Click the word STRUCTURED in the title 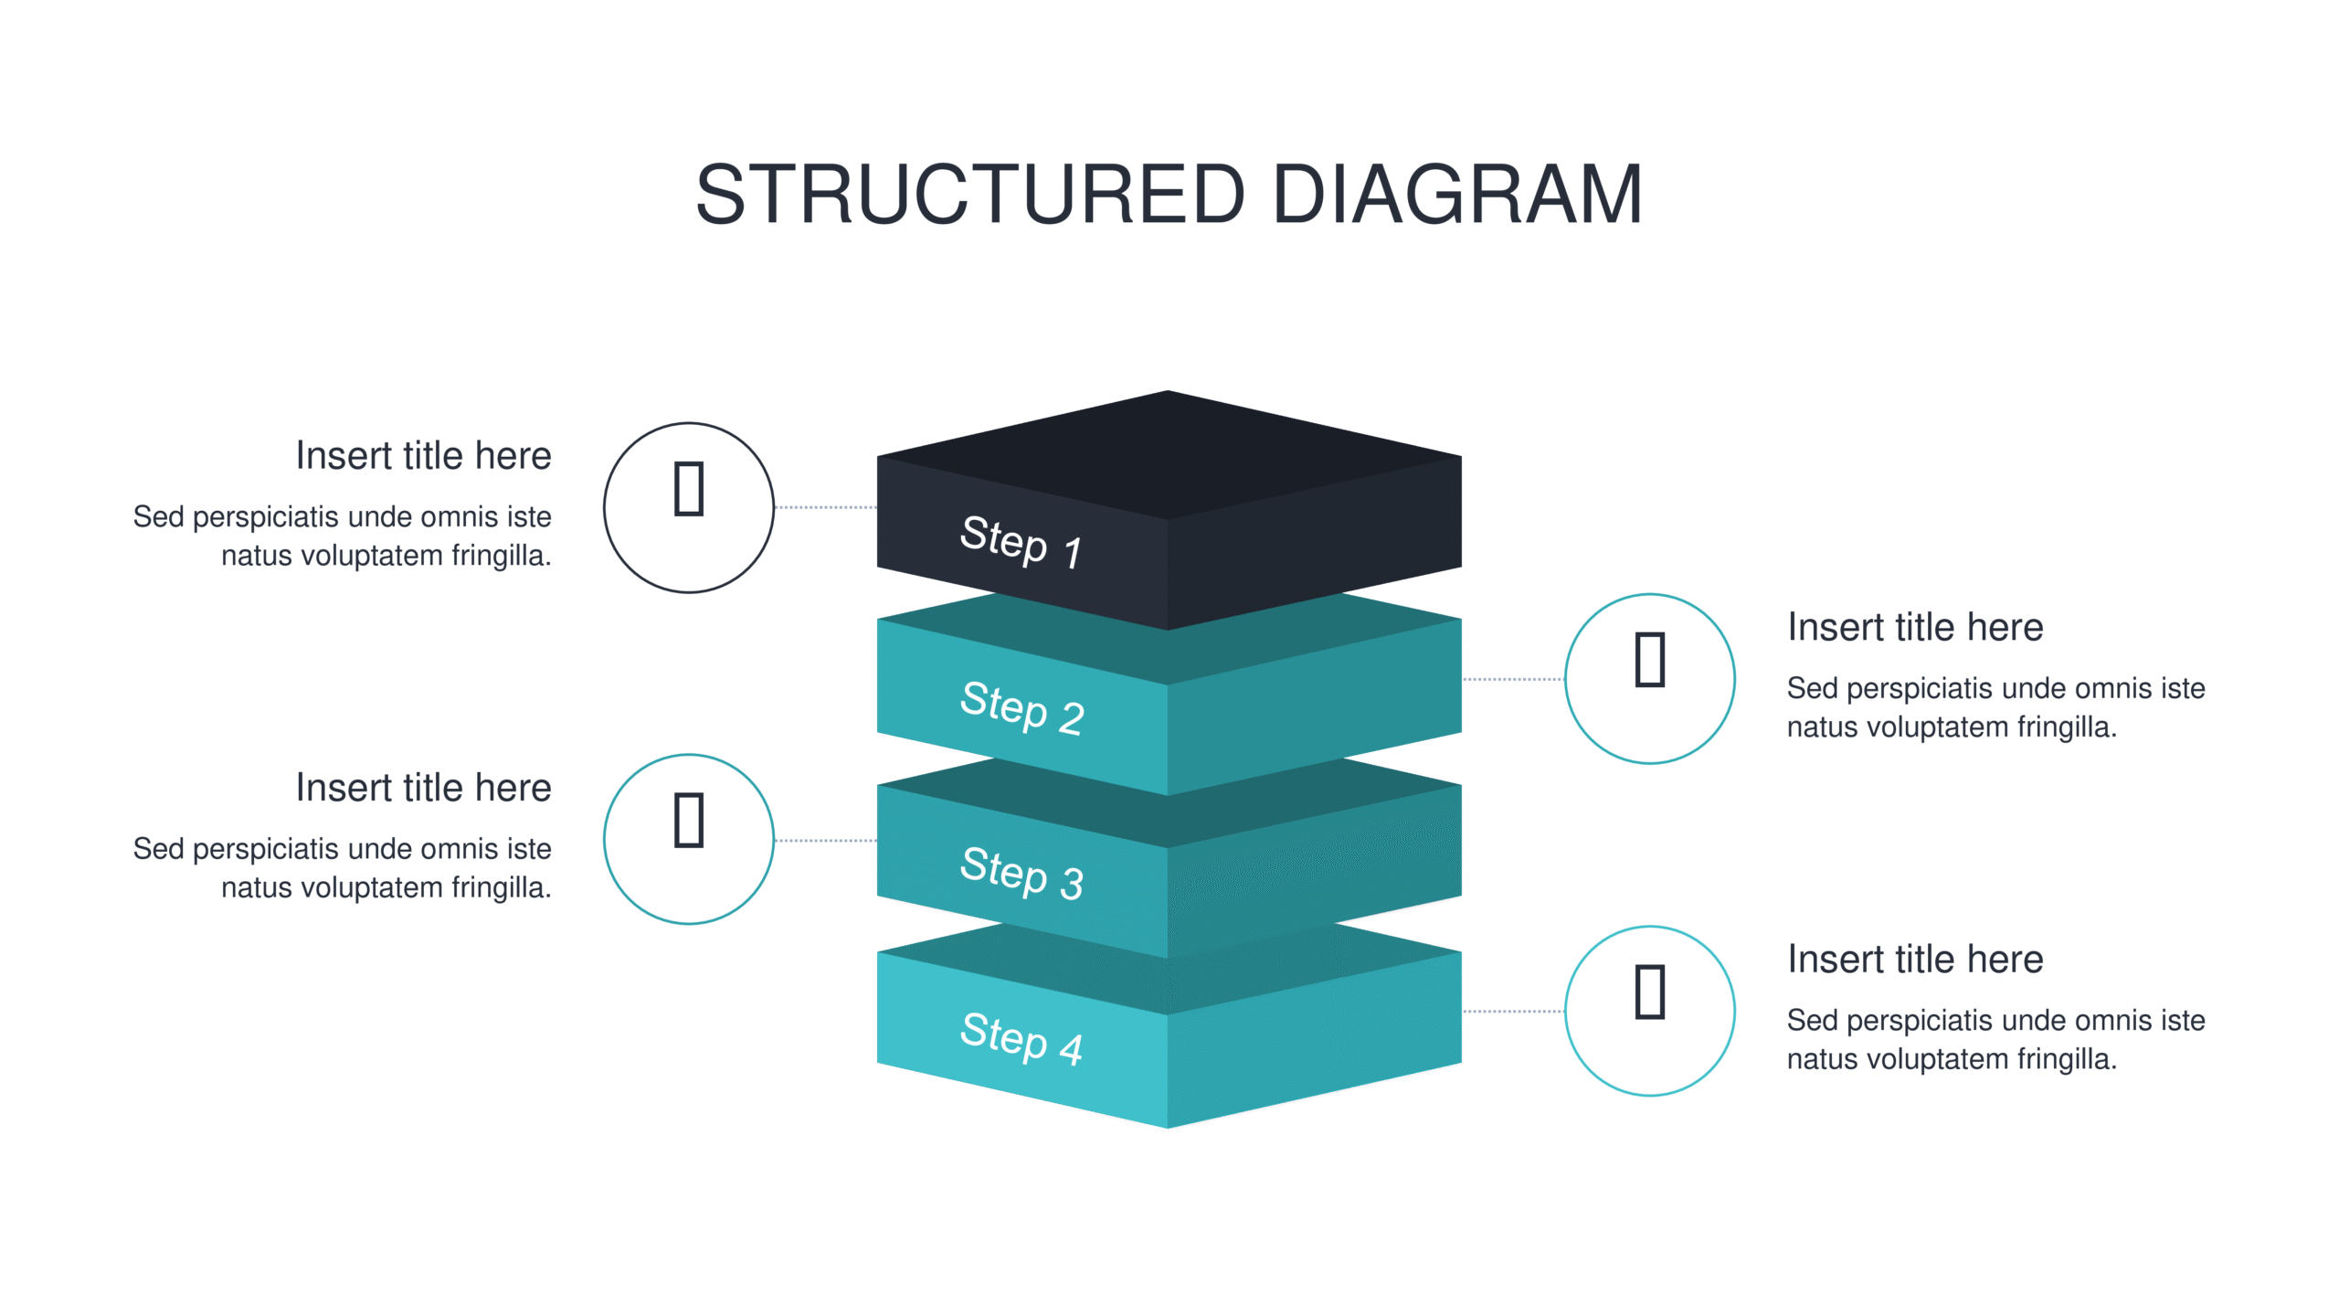pyautogui.click(x=970, y=194)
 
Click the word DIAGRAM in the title pyautogui.click(x=1458, y=194)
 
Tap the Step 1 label pyautogui.click(x=1021, y=541)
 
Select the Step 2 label pyautogui.click(x=1021, y=707)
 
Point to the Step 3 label pyautogui.click(x=1021, y=873)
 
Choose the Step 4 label pyautogui.click(x=1021, y=1038)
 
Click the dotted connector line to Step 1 pyautogui.click(x=826, y=507)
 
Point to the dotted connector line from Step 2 pyautogui.click(x=1513, y=679)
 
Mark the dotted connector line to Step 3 pyautogui.click(x=826, y=840)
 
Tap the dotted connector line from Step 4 pyautogui.click(x=1513, y=1011)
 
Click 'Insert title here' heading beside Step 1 pyautogui.click(x=423, y=455)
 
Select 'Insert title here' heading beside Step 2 pyautogui.click(x=1915, y=627)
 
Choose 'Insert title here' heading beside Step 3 pyautogui.click(x=423, y=787)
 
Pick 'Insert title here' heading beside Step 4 pyautogui.click(x=1915, y=959)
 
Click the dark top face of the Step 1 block pyautogui.click(x=1169, y=455)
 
